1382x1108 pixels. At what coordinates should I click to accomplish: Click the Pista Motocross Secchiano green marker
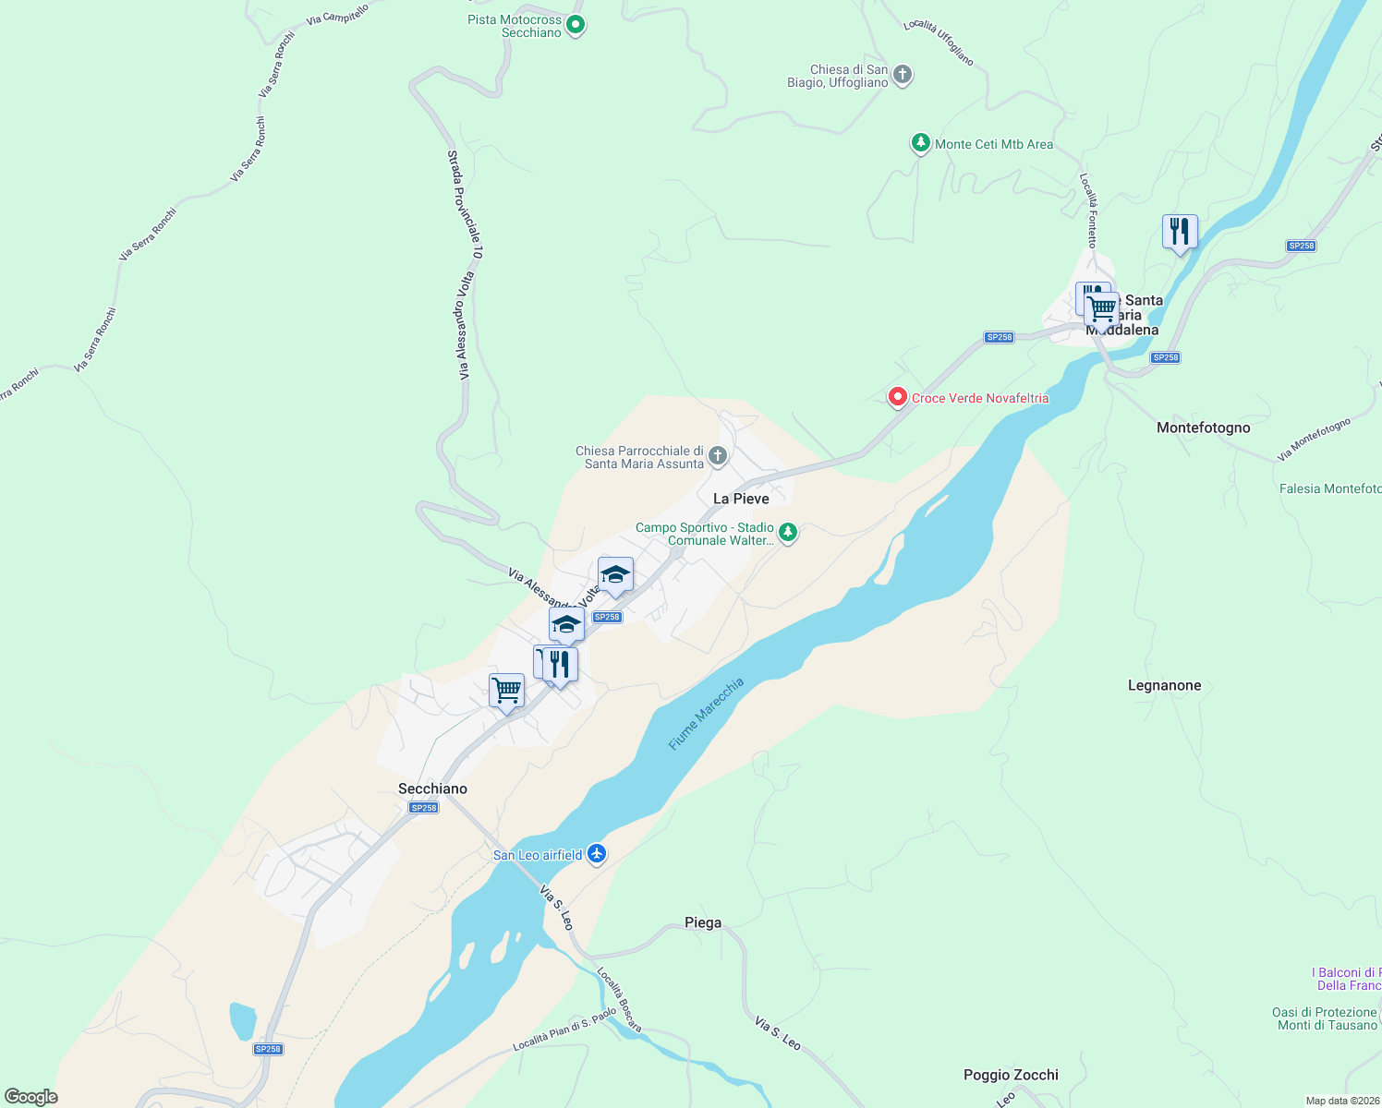pyautogui.click(x=576, y=25)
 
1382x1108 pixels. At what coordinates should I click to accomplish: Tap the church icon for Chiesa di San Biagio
pyautogui.click(x=903, y=75)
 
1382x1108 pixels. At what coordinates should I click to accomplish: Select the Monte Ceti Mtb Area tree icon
pyautogui.click(x=920, y=143)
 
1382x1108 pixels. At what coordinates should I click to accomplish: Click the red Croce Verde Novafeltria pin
pyautogui.click(x=897, y=397)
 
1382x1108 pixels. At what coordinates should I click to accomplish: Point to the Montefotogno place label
pyautogui.click(x=1203, y=428)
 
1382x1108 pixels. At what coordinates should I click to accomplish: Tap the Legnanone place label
pyautogui.click(x=1164, y=685)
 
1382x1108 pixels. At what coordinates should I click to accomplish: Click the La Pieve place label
pyautogui.click(x=741, y=499)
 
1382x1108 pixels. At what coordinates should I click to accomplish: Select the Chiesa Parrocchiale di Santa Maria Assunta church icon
pyautogui.click(x=718, y=455)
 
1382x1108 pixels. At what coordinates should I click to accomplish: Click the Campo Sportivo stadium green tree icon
pyautogui.click(x=787, y=532)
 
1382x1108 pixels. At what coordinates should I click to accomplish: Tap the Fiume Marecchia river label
pyautogui.click(x=706, y=714)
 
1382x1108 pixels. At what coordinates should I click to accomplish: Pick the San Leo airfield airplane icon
pyautogui.click(x=597, y=853)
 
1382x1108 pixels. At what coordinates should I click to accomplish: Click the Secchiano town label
pyautogui.click(x=432, y=789)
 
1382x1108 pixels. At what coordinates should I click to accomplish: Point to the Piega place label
pyautogui.click(x=703, y=922)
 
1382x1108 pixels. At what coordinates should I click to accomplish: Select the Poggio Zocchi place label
pyautogui.click(x=1011, y=1075)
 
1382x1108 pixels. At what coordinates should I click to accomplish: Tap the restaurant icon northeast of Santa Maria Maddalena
pyautogui.click(x=1180, y=232)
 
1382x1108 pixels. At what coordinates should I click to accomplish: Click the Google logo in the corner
pyautogui.click(x=31, y=1096)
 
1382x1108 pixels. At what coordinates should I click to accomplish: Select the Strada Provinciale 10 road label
pyautogui.click(x=465, y=204)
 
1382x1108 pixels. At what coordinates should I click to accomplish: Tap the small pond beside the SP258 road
pyautogui.click(x=243, y=1020)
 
